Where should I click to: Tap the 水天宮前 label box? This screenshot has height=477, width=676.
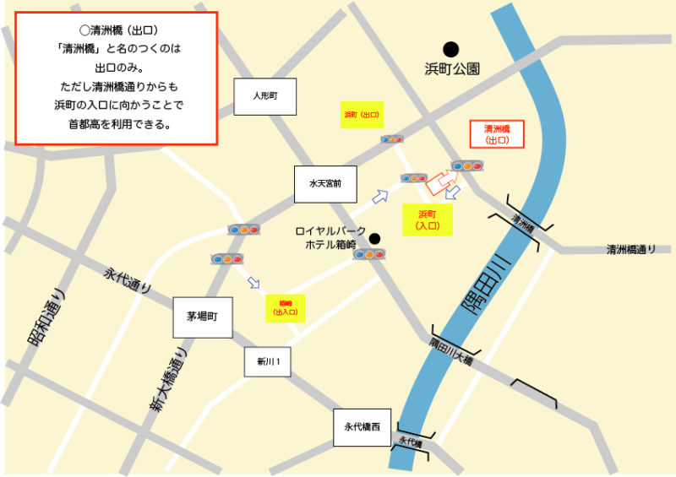(x=324, y=183)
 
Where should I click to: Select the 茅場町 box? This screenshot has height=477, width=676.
(x=202, y=317)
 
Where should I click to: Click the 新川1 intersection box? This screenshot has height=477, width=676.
(x=268, y=362)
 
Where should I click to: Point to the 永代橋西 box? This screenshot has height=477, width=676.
(x=362, y=427)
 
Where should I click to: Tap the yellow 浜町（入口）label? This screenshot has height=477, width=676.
(x=428, y=220)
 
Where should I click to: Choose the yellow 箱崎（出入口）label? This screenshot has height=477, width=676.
(x=284, y=307)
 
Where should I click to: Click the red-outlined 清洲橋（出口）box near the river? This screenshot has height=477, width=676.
(x=497, y=134)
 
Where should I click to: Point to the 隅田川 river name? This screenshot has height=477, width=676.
(x=483, y=285)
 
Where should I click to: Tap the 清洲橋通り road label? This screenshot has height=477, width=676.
(x=636, y=249)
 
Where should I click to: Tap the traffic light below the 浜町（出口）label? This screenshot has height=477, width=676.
(x=392, y=139)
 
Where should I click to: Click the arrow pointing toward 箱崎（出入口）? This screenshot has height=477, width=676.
(x=253, y=282)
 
